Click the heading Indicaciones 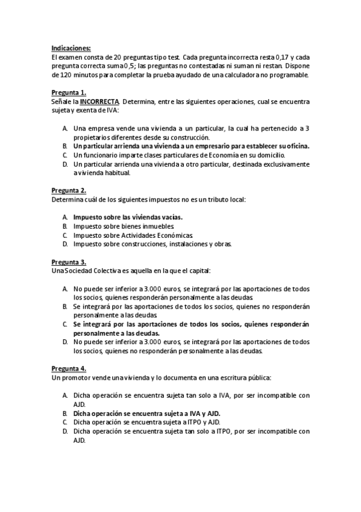(x=72, y=48)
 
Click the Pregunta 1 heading (x=69, y=93)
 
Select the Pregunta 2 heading (x=69, y=190)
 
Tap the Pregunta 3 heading (x=69, y=262)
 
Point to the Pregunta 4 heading (x=69, y=368)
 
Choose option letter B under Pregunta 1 (x=65, y=146)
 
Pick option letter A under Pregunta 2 (x=65, y=217)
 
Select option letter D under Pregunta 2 (x=65, y=244)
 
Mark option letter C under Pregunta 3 (x=65, y=324)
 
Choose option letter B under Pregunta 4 (x=65, y=413)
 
